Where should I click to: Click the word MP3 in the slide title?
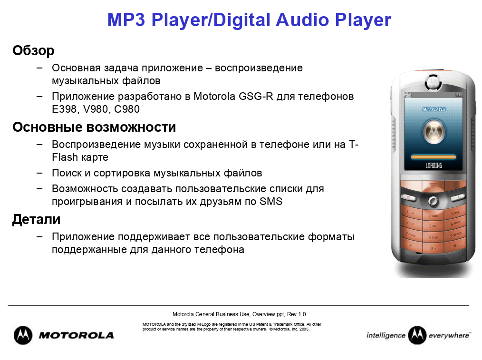point(126,20)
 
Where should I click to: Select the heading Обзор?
point(33,50)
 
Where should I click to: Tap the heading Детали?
point(36,220)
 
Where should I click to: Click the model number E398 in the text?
point(64,109)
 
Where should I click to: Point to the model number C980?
point(126,109)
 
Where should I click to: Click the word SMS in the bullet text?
point(271,201)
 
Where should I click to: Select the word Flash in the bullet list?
point(65,157)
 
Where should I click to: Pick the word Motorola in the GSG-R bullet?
point(214,96)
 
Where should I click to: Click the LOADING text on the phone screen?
point(434,165)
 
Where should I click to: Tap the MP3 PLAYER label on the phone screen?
point(434,109)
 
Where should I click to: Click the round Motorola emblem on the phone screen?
point(434,132)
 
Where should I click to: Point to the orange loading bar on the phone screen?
point(434,157)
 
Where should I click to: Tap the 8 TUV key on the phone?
point(433,237)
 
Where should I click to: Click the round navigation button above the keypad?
point(433,201)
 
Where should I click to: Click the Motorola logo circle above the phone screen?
point(434,82)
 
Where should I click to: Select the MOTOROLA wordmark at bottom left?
point(76,335)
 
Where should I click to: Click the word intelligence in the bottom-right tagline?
point(386,335)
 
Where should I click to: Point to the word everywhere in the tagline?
point(449,335)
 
